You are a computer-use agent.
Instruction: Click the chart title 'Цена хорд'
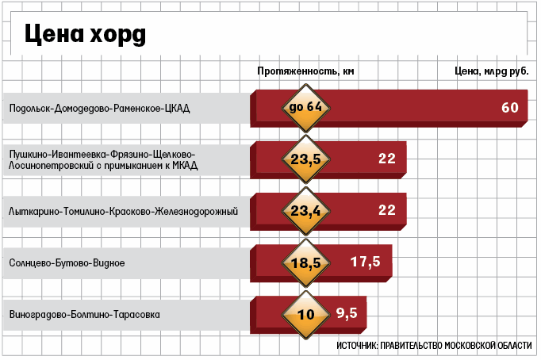click(83, 34)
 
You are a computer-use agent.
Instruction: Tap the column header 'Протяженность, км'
click(305, 71)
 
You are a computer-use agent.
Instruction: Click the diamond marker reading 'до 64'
click(305, 106)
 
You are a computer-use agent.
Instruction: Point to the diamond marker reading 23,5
click(305, 159)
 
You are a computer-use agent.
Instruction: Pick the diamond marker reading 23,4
click(305, 210)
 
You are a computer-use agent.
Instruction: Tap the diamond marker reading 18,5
click(305, 262)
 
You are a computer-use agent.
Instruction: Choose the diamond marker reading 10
click(305, 313)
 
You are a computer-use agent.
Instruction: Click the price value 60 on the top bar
click(509, 107)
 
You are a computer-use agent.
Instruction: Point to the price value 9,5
click(347, 313)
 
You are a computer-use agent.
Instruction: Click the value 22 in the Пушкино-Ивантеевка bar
click(386, 159)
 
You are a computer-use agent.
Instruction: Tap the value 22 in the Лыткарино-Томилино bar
click(386, 210)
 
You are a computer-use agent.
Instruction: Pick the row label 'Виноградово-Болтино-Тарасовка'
click(84, 314)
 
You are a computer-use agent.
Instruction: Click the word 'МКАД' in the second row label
click(182, 165)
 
